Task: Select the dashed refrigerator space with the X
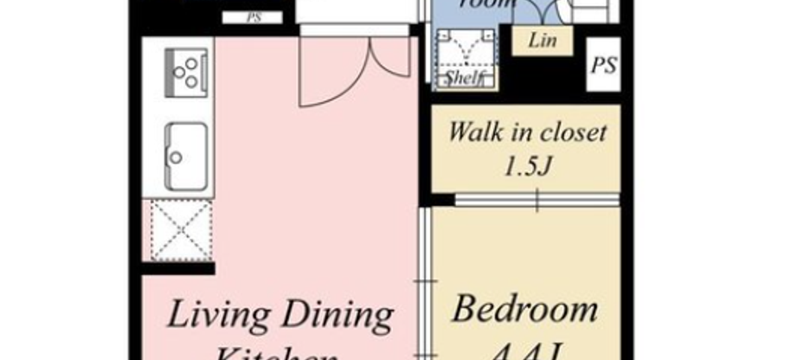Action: (181, 229)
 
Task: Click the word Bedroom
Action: (525, 309)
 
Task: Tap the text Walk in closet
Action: (527, 133)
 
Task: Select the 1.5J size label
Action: (527, 165)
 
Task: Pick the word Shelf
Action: (464, 78)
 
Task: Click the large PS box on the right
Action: (604, 66)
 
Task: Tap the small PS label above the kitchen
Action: (253, 16)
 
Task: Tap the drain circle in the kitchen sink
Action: (177, 158)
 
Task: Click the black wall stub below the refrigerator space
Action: (177, 268)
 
